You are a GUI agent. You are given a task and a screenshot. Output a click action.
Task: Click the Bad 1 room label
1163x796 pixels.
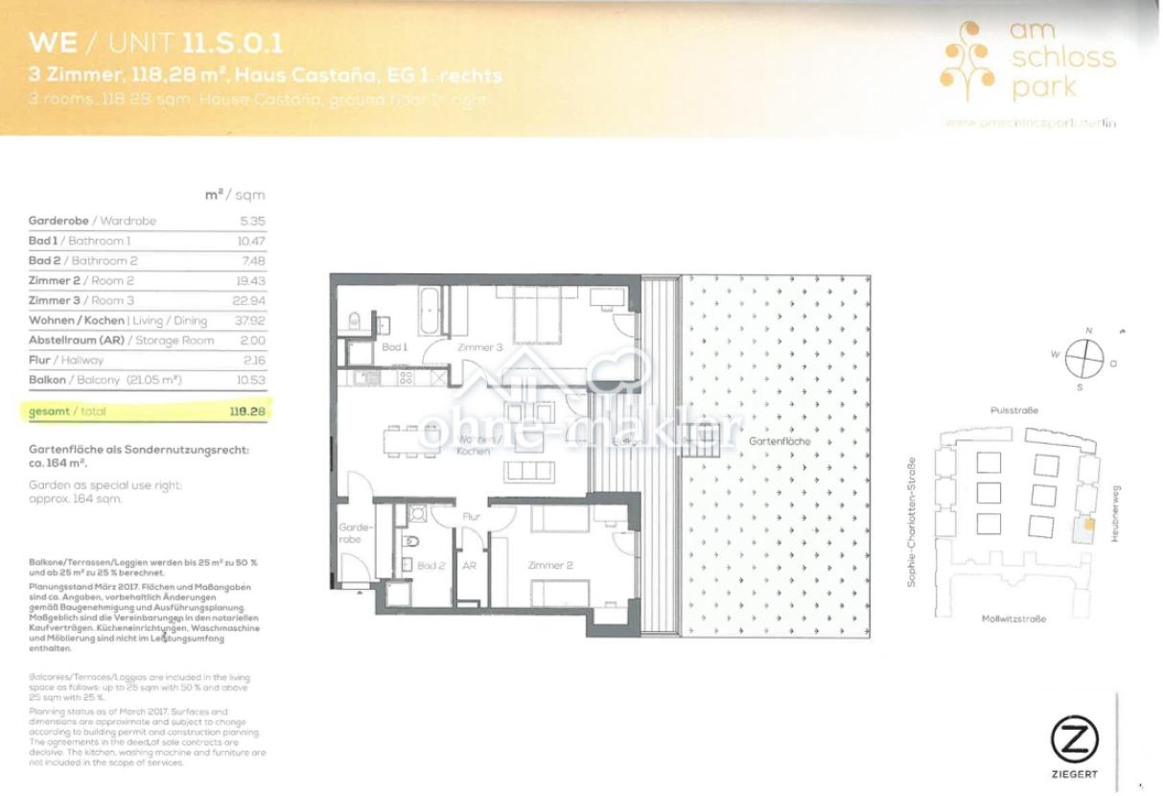[394, 347]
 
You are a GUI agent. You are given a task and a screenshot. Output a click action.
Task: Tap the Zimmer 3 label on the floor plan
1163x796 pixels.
[478, 347]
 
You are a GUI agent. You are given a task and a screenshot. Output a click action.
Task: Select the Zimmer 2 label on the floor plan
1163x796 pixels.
[550, 566]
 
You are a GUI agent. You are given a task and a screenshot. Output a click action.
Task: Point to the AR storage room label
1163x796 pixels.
[469, 566]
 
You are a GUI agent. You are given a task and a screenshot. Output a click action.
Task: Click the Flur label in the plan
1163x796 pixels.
[471, 516]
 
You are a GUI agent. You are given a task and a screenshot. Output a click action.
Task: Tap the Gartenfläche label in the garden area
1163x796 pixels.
[782, 442]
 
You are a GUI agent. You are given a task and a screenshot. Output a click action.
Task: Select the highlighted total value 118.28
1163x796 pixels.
[246, 410]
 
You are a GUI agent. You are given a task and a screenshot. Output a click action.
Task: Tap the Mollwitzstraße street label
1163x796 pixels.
[1013, 619]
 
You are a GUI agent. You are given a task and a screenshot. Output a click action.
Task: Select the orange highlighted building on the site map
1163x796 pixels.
[1089, 525]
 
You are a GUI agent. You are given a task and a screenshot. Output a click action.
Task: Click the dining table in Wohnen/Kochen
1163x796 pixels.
[413, 441]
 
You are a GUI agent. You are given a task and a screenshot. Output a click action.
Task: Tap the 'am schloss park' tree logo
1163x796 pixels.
[965, 63]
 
